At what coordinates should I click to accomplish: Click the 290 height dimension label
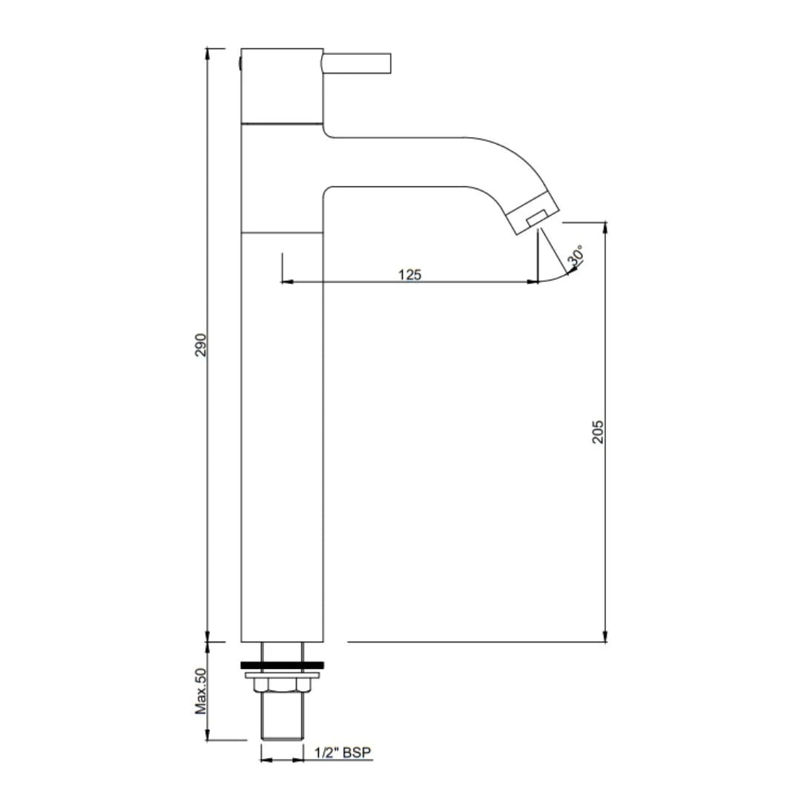[x=201, y=345]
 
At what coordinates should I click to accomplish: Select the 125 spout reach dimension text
[x=409, y=274]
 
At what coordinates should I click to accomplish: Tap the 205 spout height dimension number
[x=598, y=432]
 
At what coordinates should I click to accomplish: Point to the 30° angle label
[x=576, y=256]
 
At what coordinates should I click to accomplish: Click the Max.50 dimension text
[x=201, y=691]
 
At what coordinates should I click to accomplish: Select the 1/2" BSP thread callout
[x=342, y=753]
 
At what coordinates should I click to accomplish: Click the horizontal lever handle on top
[x=357, y=63]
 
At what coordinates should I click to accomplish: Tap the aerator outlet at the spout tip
[x=535, y=217]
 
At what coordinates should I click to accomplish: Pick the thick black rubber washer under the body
[x=282, y=665]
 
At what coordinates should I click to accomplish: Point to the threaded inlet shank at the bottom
[x=282, y=718]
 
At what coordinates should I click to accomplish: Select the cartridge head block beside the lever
[x=282, y=85]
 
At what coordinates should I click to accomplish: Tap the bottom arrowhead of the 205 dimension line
[x=606, y=636]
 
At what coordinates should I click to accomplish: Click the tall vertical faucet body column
[x=282, y=438]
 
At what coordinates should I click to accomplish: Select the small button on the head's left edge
[x=240, y=62]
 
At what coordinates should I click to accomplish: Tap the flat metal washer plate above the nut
[x=282, y=676]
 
